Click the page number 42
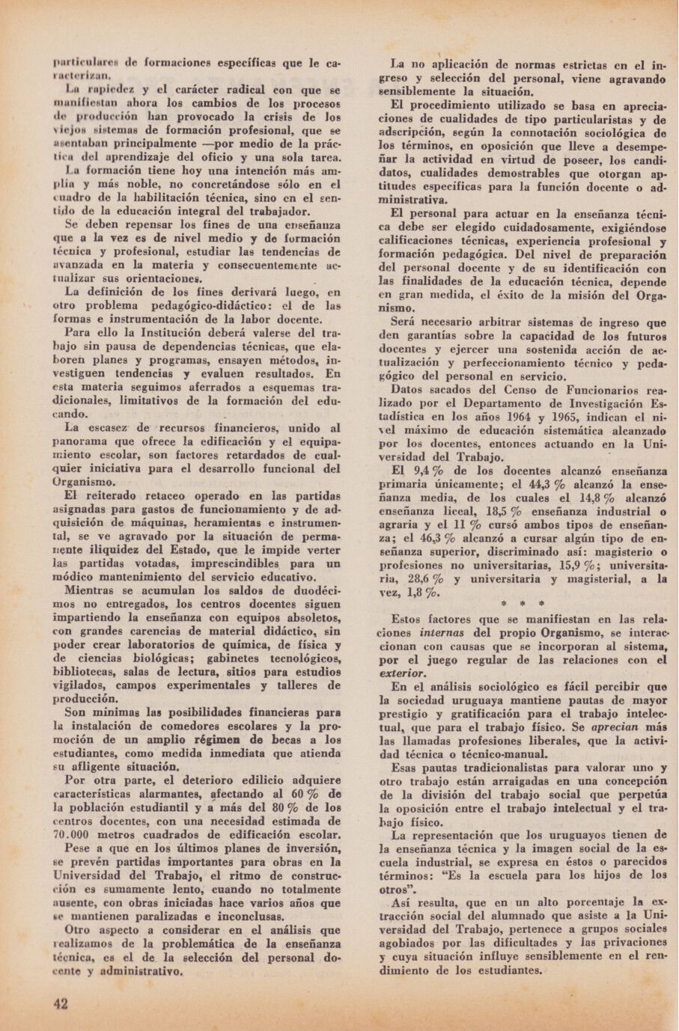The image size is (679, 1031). coord(61,1004)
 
